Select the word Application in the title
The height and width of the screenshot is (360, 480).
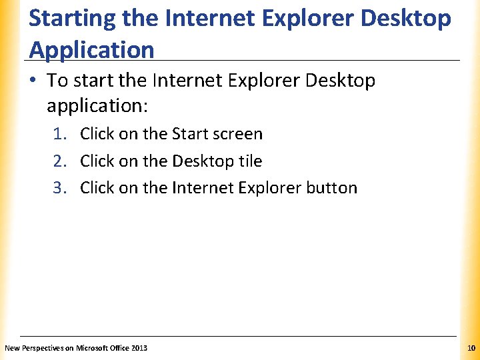tap(92, 49)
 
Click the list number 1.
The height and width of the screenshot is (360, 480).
tap(59, 134)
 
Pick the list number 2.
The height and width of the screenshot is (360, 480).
tap(59, 161)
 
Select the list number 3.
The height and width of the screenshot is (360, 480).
tap(59, 188)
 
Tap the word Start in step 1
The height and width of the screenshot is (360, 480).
tap(190, 134)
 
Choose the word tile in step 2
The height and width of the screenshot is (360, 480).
tap(251, 161)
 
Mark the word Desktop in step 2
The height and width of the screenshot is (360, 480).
tap(203, 161)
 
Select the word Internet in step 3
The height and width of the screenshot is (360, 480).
tap(197, 188)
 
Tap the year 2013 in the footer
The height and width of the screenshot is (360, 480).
tap(139, 348)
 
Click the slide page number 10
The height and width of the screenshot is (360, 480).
tap(471, 348)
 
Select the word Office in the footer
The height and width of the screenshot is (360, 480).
tap(119, 348)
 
